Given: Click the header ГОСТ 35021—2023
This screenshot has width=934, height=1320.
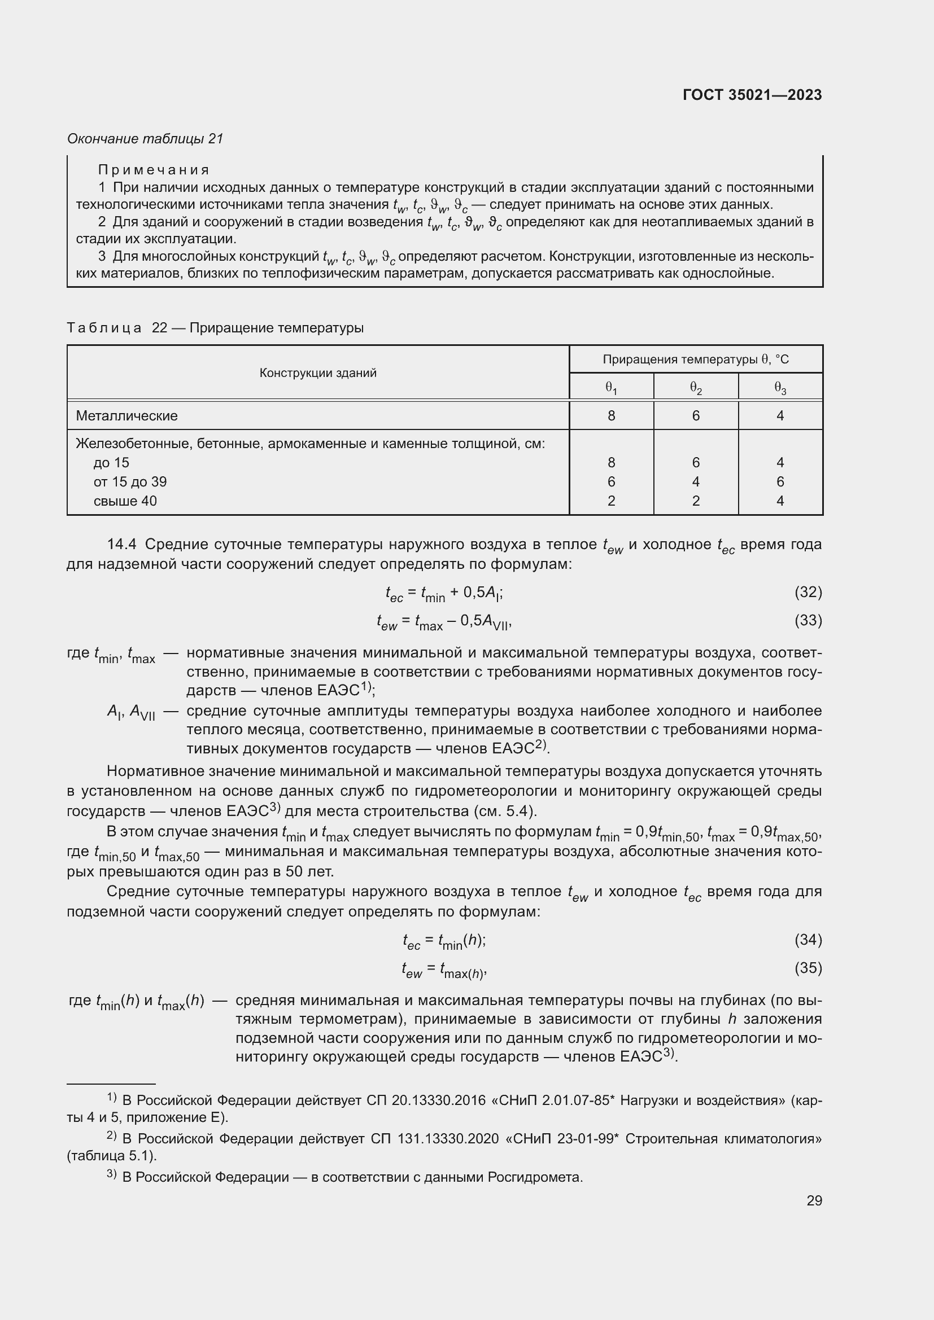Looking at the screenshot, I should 752,95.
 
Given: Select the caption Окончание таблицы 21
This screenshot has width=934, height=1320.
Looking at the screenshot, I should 145,139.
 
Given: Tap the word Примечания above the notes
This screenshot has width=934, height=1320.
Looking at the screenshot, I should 154,170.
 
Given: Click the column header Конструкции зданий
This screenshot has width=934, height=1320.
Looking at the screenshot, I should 317,372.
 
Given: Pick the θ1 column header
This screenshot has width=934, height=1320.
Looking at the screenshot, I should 611,389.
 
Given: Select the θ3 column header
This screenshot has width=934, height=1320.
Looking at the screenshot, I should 780,389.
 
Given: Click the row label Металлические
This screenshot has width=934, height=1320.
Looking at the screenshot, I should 126,415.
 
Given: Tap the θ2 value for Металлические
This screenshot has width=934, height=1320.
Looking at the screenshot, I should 695,415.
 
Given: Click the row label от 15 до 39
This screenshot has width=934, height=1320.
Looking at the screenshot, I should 130,482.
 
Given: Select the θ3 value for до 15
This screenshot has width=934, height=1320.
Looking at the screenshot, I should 780,462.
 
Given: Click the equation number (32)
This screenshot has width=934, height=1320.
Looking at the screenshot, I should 808,591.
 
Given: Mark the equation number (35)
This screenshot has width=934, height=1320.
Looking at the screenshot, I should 808,968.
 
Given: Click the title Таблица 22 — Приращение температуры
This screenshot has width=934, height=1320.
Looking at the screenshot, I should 215,328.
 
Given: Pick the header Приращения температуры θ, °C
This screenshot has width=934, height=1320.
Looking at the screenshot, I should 695,359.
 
